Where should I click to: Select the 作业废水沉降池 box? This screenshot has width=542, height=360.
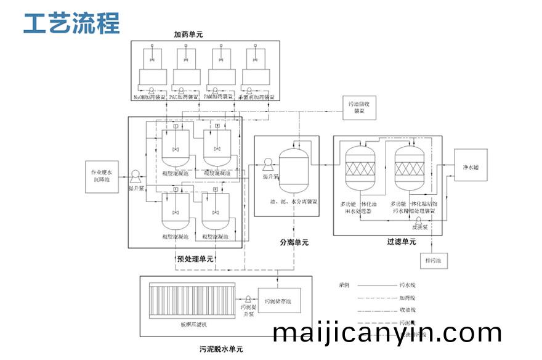(102, 175)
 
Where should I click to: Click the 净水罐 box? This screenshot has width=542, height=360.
(470, 167)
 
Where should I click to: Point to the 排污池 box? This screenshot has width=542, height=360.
(434, 261)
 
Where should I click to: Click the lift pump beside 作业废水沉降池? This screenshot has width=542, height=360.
(135, 176)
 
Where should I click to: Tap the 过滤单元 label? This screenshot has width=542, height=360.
(401, 242)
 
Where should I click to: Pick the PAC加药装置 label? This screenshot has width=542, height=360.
(184, 97)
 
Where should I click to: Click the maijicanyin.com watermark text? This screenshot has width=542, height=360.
(387, 333)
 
